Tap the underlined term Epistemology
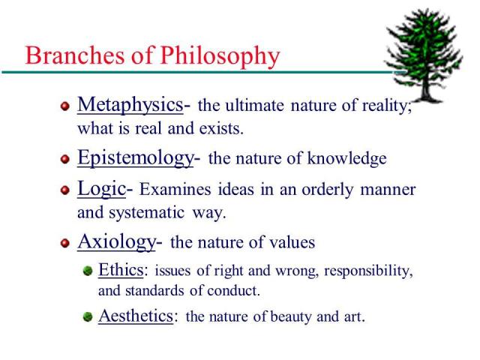(x=135, y=158)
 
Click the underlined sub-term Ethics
(x=121, y=270)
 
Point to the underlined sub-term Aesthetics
(x=137, y=316)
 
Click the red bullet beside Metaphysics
(x=65, y=106)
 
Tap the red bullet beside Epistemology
(x=65, y=160)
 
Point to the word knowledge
(x=350, y=159)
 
